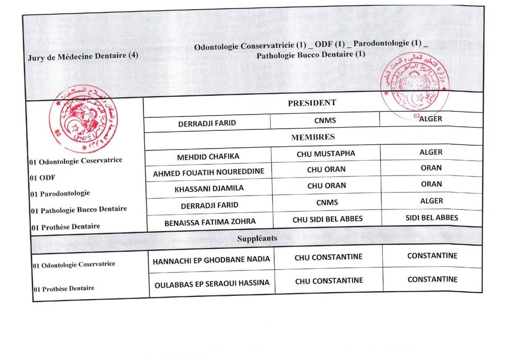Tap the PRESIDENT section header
pos(312,103)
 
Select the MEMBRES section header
pos(313,137)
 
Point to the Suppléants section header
pos(257,238)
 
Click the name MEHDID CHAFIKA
pos(208,156)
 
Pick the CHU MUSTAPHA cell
pos(326,154)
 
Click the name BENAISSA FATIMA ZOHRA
pos(210,221)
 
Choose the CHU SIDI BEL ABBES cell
pos(328,219)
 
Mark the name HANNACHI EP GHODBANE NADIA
pos(211,260)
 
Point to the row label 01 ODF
pos(43,178)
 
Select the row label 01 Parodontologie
pos(60,193)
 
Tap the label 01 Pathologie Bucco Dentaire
pos(78,209)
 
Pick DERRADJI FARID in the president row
pos(207,124)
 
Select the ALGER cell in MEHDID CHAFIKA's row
pos(431,152)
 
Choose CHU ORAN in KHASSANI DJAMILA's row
pos(327,186)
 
